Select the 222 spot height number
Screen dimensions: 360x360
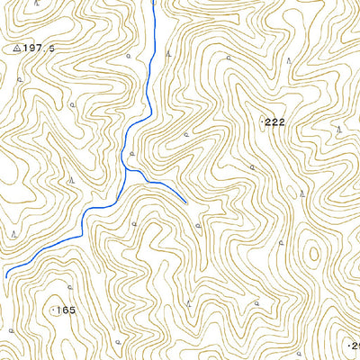pyautogui.click(x=275, y=121)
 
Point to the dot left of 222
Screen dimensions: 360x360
pyautogui.click(x=262, y=121)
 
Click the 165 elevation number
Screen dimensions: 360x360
pyautogui.click(x=66, y=310)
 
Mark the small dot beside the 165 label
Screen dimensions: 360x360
pyautogui.click(x=52, y=310)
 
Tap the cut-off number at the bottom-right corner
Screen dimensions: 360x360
pyautogui.click(x=355, y=345)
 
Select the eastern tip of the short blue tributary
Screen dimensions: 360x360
pyautogui.click(x=186, y=202)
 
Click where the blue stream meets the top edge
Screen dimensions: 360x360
pyautogui.click(x=154, y=2)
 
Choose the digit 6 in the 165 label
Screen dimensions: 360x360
pyautogui.click(x=66, y=310)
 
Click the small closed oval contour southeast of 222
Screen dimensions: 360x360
pyautogui.click(x=314, y=253)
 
